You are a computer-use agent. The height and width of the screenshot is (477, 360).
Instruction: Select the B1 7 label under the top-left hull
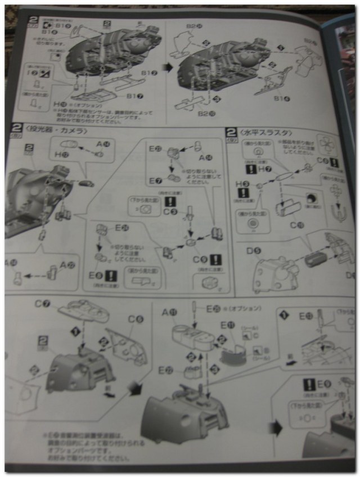[x=134, y=96]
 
